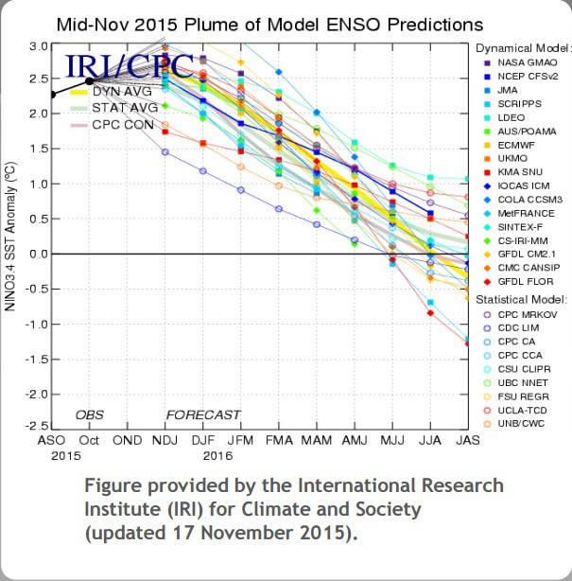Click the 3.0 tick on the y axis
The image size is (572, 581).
coord(38,45)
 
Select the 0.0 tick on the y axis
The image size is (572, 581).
coord(38,254)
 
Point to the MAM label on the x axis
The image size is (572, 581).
coord(318,441)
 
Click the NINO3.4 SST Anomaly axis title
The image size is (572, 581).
coord(12,236)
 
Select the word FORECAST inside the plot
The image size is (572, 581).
coord(203,414)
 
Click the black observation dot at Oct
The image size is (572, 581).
coord(90,80)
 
